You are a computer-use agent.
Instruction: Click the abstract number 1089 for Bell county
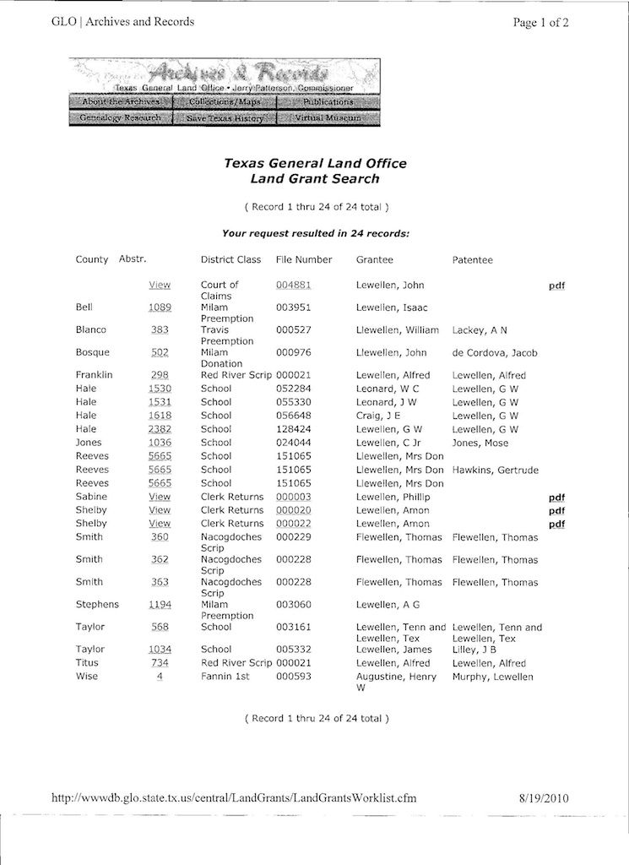160,307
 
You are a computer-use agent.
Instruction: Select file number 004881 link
294,286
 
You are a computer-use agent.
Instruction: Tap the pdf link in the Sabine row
556,498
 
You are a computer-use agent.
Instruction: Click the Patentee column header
472,260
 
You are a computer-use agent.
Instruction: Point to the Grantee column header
374,260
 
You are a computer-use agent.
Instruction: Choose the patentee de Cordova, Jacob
494,353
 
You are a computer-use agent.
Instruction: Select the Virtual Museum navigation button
328,118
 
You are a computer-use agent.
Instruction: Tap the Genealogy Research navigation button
120,118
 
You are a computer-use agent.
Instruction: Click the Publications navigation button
328,102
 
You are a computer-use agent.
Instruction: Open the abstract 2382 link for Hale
160,429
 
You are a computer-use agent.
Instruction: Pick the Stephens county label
97,605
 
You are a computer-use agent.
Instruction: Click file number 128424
294,429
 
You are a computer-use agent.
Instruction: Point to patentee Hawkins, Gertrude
495,470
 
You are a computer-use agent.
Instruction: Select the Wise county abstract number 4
160,677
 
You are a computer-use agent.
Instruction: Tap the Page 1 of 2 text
540,23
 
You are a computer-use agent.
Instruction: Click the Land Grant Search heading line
315,179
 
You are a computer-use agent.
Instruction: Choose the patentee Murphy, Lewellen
492,677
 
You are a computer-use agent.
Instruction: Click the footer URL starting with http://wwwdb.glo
234,797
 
